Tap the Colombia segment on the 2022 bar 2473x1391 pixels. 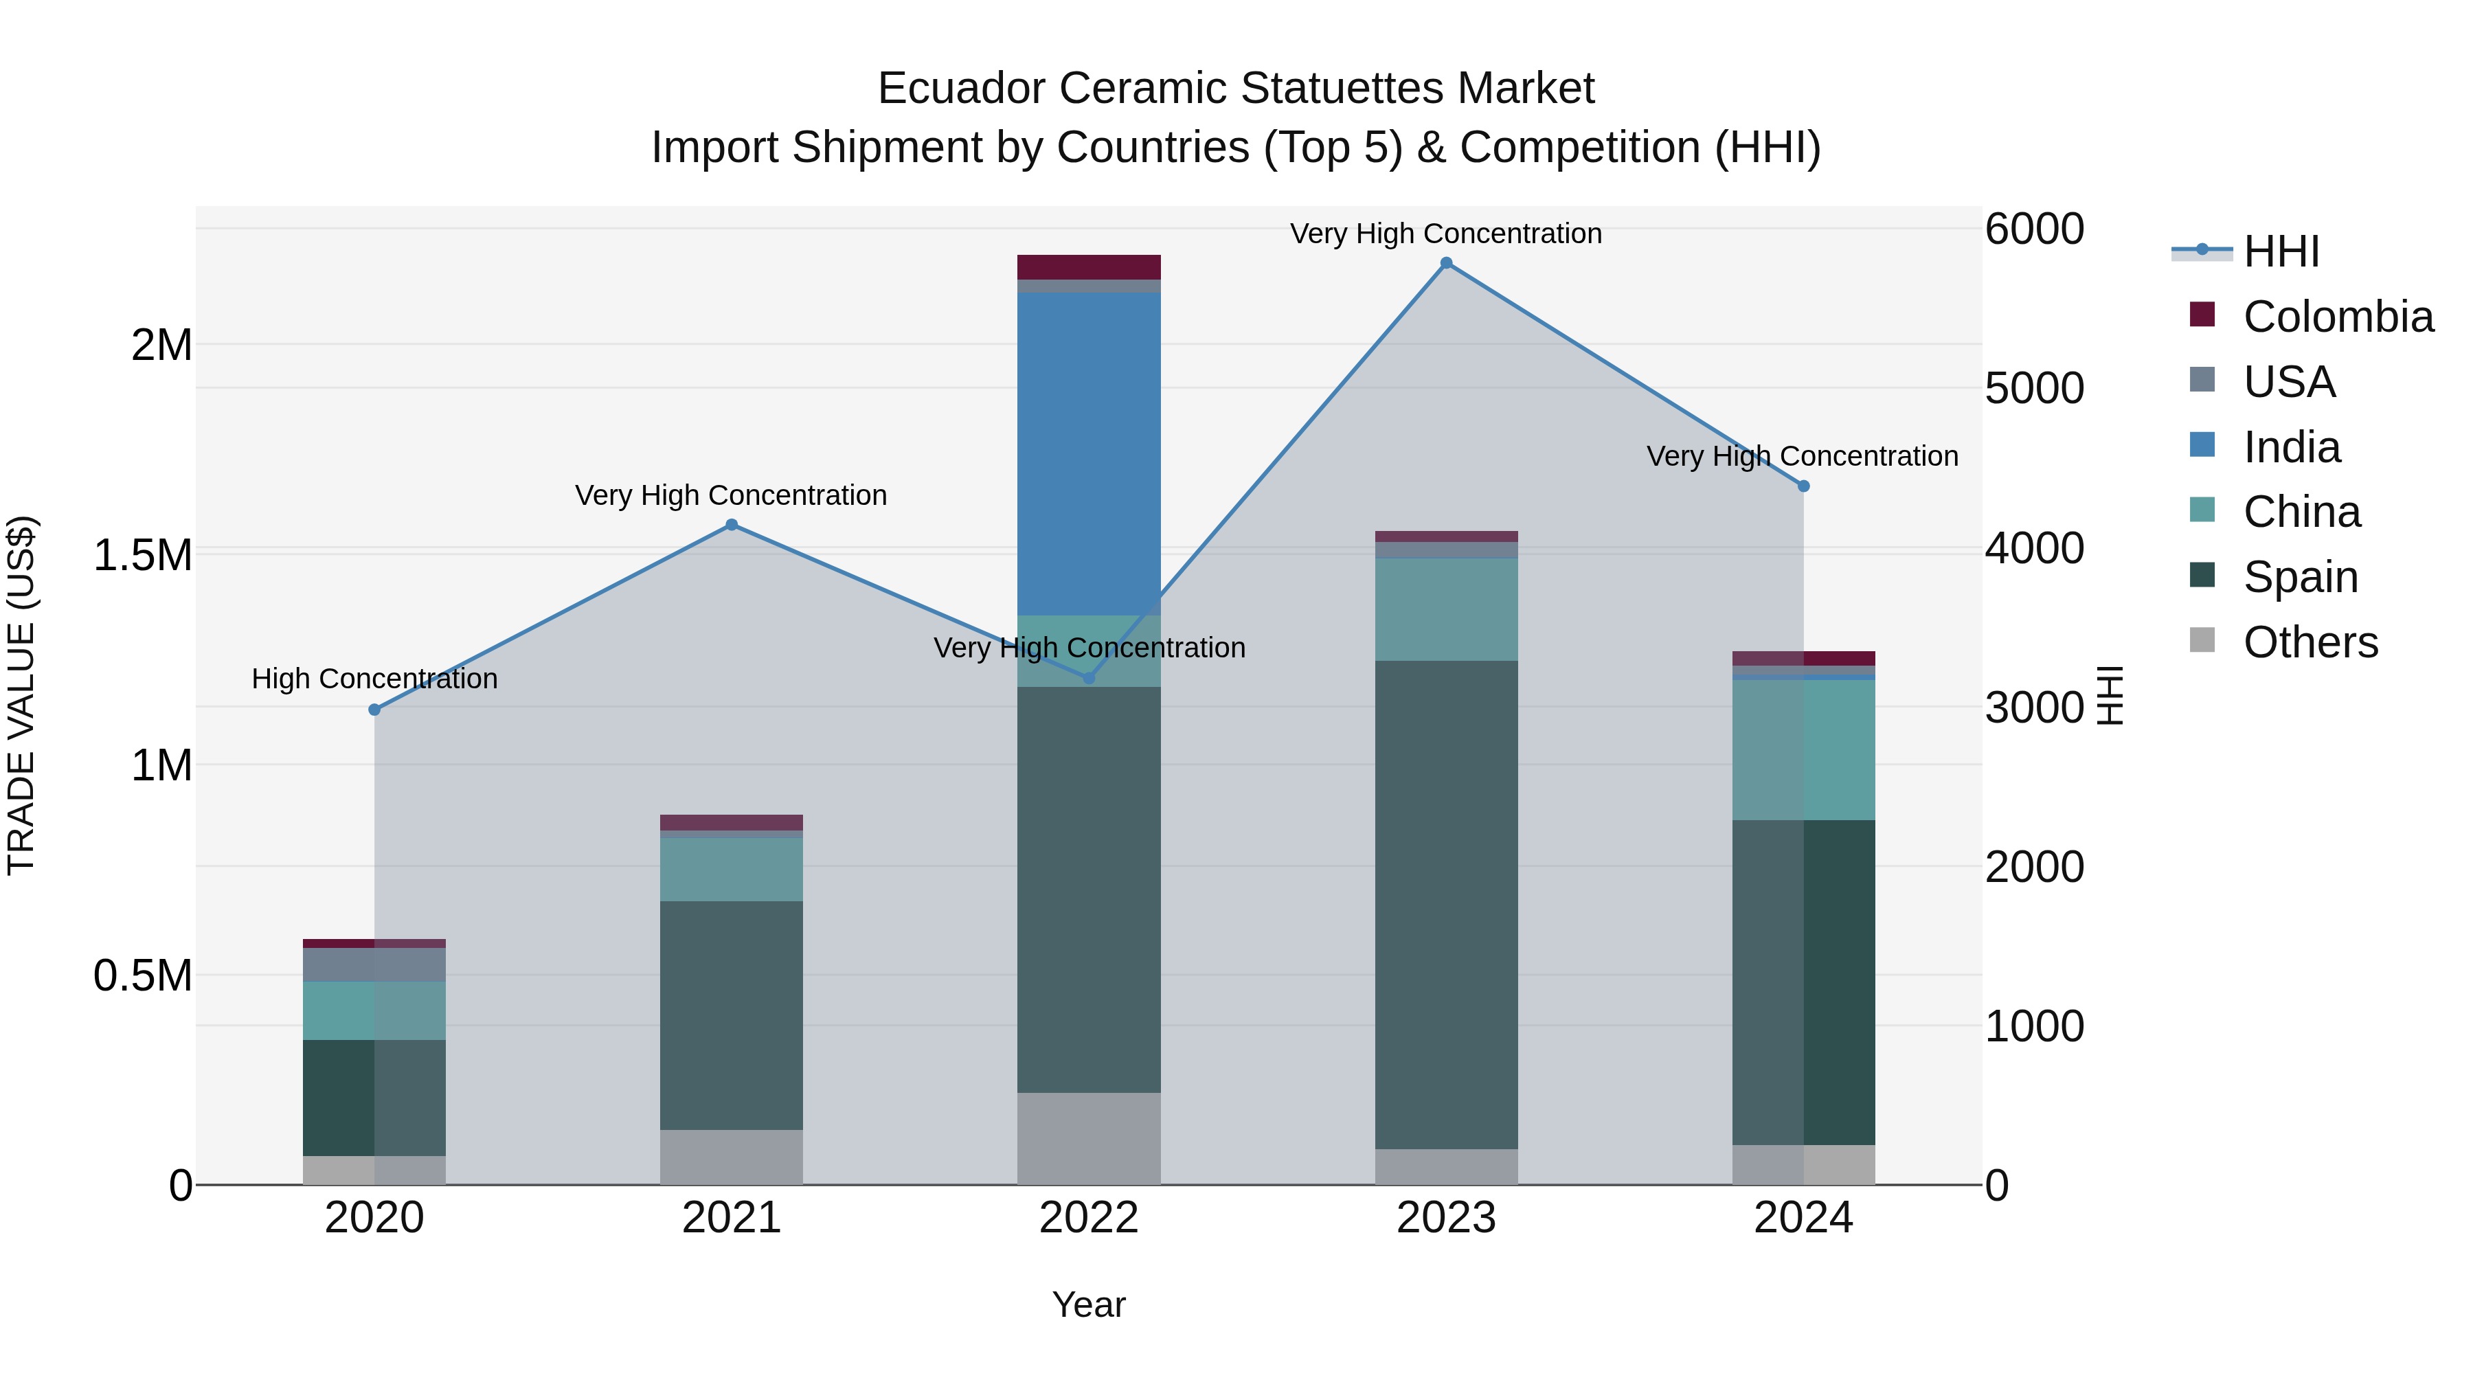pyautogui.click(x=1089, y=267)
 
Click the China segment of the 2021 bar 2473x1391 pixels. pyautogui.click(x=732, y=869)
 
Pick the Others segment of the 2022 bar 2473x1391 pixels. pyautogui.click(x=1089, y=1138)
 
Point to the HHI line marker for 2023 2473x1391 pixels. pyautogui.click(x=1447, y=263)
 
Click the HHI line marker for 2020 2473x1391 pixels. pyautogui.click(x=374, y=710)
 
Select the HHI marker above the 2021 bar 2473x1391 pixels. pyautogui.click(x=732, y=525)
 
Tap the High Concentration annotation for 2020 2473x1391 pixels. pyautogui.click(x=374, y=679)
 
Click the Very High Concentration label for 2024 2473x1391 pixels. pyautogui.click(x=1802, y=456)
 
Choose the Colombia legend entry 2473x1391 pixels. pyautogui.click(x=2338, y=317)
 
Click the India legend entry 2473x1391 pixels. pyautogui.click(x=2292, y=447)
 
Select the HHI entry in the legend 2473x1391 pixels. pyautogui.click(x=2281, y=251)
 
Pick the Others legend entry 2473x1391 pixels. pyautogui.click(x=2310, y=642)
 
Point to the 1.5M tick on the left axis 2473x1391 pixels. pyautogui.click(x=142, y=555)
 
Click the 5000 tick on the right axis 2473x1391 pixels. pyautogui.click(x=2033, y=389)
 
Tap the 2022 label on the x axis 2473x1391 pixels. pyautogui.click(x=1089, y=1218)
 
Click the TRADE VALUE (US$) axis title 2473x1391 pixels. pyautogui.click(x=22, y=695)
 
